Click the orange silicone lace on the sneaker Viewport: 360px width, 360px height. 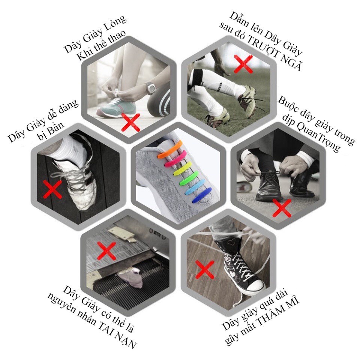(170, 150)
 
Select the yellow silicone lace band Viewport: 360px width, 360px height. (182, 169)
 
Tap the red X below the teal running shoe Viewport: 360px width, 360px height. (130, 122)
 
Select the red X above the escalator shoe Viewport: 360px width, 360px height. (106, 251)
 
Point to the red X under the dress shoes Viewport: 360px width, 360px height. (282, 208)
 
